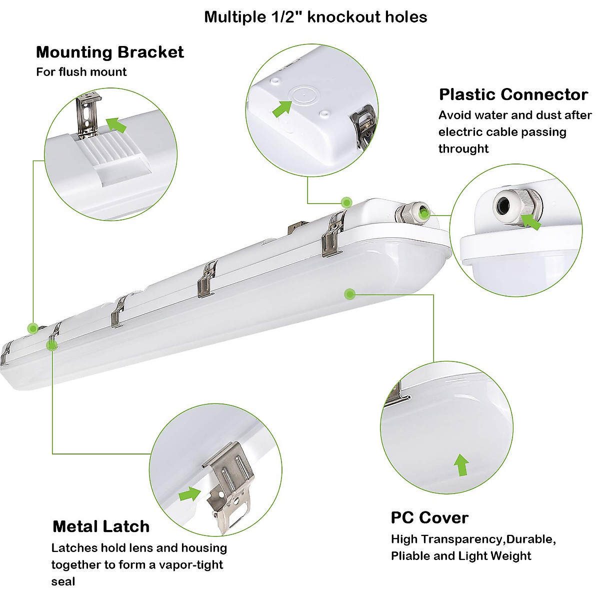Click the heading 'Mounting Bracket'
109,52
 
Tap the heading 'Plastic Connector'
513,94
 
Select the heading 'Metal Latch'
100,526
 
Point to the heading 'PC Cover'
429,517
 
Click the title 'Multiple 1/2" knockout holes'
315,17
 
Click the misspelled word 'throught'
463,148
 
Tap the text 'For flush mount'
81,71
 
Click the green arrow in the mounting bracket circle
116,124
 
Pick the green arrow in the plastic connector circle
531,221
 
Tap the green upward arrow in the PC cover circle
461,465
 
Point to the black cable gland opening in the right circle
501,205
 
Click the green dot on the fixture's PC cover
349,293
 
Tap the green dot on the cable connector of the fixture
424,213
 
